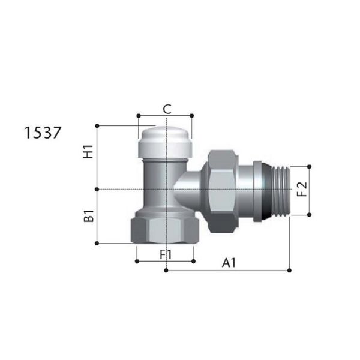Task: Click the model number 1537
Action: coord(43,133)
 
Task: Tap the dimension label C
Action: coord(167,109)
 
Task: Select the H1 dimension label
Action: coord(88,152)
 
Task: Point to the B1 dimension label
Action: coord(89,216)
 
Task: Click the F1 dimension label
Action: coord(166,254)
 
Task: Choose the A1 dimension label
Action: coord(229,263)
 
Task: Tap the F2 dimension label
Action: coord(302,190)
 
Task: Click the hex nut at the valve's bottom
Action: coord(165,230)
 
